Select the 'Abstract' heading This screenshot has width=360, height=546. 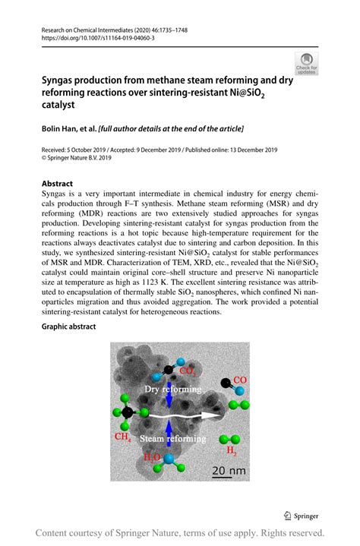click(57, 183)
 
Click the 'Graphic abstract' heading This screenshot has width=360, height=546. click(70, 327)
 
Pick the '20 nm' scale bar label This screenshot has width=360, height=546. click(228, 471)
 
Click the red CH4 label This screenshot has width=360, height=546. click(123, 437)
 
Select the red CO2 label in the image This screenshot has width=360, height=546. click(188, 372)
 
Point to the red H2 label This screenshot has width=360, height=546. click(231, 451)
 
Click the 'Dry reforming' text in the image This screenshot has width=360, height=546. click(174, 389)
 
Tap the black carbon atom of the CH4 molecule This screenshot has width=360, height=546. click(128, 412)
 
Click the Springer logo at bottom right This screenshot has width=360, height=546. click(311, 513)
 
